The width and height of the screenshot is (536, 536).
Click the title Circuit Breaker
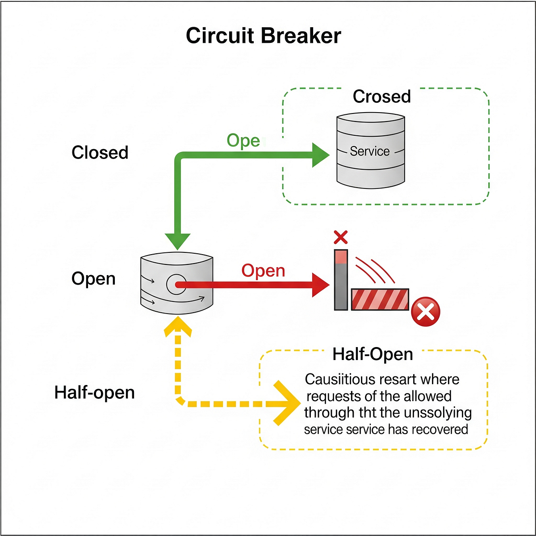click(264, 36)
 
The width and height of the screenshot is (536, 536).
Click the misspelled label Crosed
click(381, 96)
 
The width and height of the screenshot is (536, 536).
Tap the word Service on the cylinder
click(369, 151)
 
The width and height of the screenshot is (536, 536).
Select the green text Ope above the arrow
click(243, 141)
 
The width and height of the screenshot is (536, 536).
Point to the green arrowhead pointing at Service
click(321, 155)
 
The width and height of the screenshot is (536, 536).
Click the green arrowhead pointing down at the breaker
click(178, 241)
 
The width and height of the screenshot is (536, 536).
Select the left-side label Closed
click(100, 153)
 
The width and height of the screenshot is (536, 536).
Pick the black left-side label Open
click(93, 279)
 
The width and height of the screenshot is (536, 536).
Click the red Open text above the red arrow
click(263, 271)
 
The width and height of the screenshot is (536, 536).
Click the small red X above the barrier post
click(341, 237)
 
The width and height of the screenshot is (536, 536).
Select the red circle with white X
click(425, 312)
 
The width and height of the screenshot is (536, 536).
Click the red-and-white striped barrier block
click(380, 299)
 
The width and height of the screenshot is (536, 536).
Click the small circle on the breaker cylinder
click(176, 285)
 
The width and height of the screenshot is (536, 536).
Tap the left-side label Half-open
click(94, 393)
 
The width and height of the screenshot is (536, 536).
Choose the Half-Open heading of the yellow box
click(373, 354)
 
